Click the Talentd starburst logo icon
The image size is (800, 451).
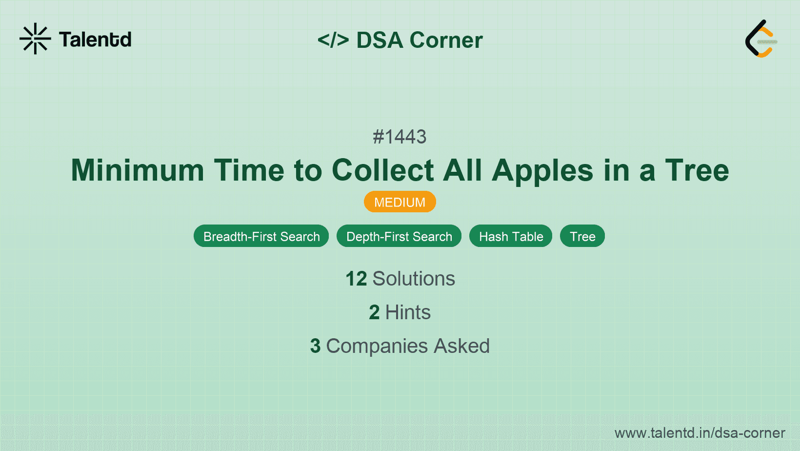35,39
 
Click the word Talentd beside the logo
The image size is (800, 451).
95,40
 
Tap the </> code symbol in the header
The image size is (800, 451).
333,40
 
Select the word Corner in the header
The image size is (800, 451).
446,40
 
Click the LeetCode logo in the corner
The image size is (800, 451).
761,39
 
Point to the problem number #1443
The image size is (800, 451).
400,137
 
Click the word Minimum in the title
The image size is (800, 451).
137,170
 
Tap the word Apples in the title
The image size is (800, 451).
542,170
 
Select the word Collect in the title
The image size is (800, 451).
383,170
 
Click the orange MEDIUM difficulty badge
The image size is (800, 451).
400,202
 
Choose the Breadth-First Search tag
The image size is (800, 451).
261,236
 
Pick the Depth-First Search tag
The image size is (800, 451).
399,236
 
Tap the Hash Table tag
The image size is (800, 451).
511,236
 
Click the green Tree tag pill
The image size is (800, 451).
582,236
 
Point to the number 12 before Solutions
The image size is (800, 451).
356,279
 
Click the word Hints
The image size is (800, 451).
408,312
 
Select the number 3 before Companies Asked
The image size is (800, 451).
315,346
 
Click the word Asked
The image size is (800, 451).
461,346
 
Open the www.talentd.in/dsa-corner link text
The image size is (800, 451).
700,433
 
